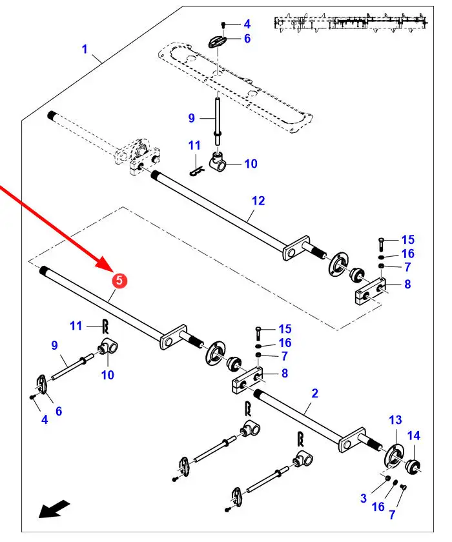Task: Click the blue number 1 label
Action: click(84, 49)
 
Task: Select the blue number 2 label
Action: click(314, 392)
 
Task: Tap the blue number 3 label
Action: click(364, 497)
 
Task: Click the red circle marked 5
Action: click(119, 280)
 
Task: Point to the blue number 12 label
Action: click(258, 201)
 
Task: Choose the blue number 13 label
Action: click(395, 421)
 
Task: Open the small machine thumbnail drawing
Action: click(352, 23)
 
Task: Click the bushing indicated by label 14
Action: click(413, 465)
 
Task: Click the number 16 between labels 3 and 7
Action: click(378, 507)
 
